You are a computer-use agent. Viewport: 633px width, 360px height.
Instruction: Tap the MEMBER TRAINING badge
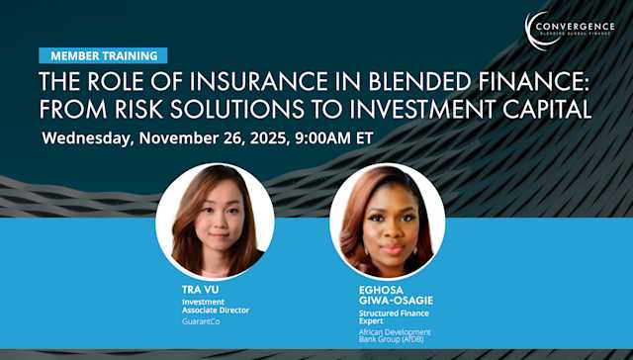coord(103,55)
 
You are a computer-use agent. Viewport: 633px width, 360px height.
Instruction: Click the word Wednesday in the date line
coord(86,136)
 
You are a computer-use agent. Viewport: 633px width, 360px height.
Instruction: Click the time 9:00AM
coord(321,136)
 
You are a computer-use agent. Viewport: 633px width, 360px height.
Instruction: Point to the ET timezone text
coord(363,136)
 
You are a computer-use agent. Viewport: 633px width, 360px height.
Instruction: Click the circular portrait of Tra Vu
coord(215,221)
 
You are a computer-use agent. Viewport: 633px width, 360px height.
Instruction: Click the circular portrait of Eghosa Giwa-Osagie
coord(387,221)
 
